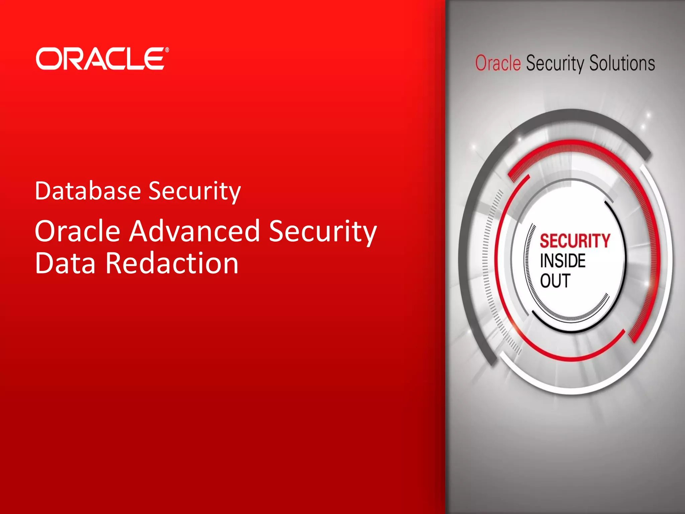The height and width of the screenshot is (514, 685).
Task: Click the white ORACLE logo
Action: (x=100, y=59)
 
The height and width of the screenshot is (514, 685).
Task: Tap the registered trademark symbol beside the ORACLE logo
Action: (x=167, y=50)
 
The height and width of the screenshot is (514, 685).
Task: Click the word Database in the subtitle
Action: (x=88, y=191)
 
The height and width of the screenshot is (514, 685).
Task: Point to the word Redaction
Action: (x=172, y=263)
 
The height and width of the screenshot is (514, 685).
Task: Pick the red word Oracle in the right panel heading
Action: (x=498, y=63)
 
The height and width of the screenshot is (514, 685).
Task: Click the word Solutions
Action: (x=622, y=63)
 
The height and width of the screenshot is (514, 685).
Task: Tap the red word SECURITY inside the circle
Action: (x=575, y=241)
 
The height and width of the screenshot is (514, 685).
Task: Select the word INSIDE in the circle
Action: (x=563, y=261)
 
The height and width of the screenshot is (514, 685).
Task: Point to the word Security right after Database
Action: (x=194, y=191)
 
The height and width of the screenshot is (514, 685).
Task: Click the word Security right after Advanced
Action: (x=323, y=232)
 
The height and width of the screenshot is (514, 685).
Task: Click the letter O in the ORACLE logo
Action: (x=47, y=59)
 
